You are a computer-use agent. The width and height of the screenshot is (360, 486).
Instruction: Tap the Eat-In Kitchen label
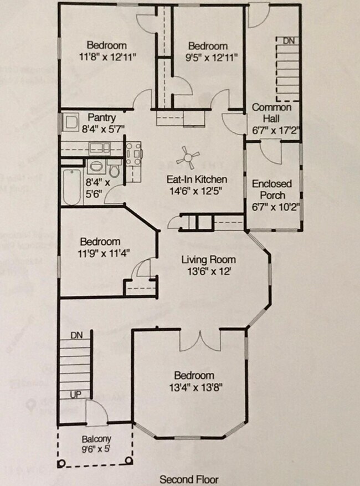click(x=197, y=180)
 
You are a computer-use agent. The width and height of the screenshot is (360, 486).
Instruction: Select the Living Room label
click(x=209, y=260)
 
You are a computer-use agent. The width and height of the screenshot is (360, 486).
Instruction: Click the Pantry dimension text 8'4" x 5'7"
click(x=102, y=129)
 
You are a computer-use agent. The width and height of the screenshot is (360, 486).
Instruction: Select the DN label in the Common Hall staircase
click(x=289, y=41)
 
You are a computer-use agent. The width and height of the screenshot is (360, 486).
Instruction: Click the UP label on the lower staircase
click(x=75, y=394)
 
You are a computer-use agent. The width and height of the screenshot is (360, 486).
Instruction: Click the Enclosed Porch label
click(x=269, y=190)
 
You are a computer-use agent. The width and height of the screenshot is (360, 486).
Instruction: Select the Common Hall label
click(x=271, y=113)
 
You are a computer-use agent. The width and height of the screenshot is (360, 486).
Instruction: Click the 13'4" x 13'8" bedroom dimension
click(x=192, y=386)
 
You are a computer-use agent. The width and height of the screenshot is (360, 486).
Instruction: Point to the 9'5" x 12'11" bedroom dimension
click(x=208, y=57)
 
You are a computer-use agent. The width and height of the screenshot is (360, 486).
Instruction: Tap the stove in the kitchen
click(x=133, y=154)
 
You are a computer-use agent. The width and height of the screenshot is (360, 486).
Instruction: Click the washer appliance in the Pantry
click(x=71, y=122)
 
